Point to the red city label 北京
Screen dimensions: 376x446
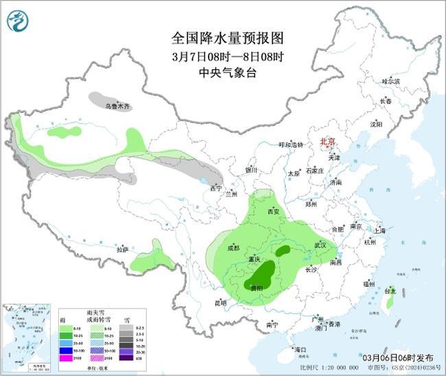coord(328,142)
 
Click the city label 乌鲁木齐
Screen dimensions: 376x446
coord(117,107)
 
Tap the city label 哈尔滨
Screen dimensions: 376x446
coord(390,81)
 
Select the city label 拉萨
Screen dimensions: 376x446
coord(122,250)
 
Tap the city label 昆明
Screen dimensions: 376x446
coord(220,302)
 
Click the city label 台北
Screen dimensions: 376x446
coord(390,291)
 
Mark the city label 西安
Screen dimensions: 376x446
coord(274,212)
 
